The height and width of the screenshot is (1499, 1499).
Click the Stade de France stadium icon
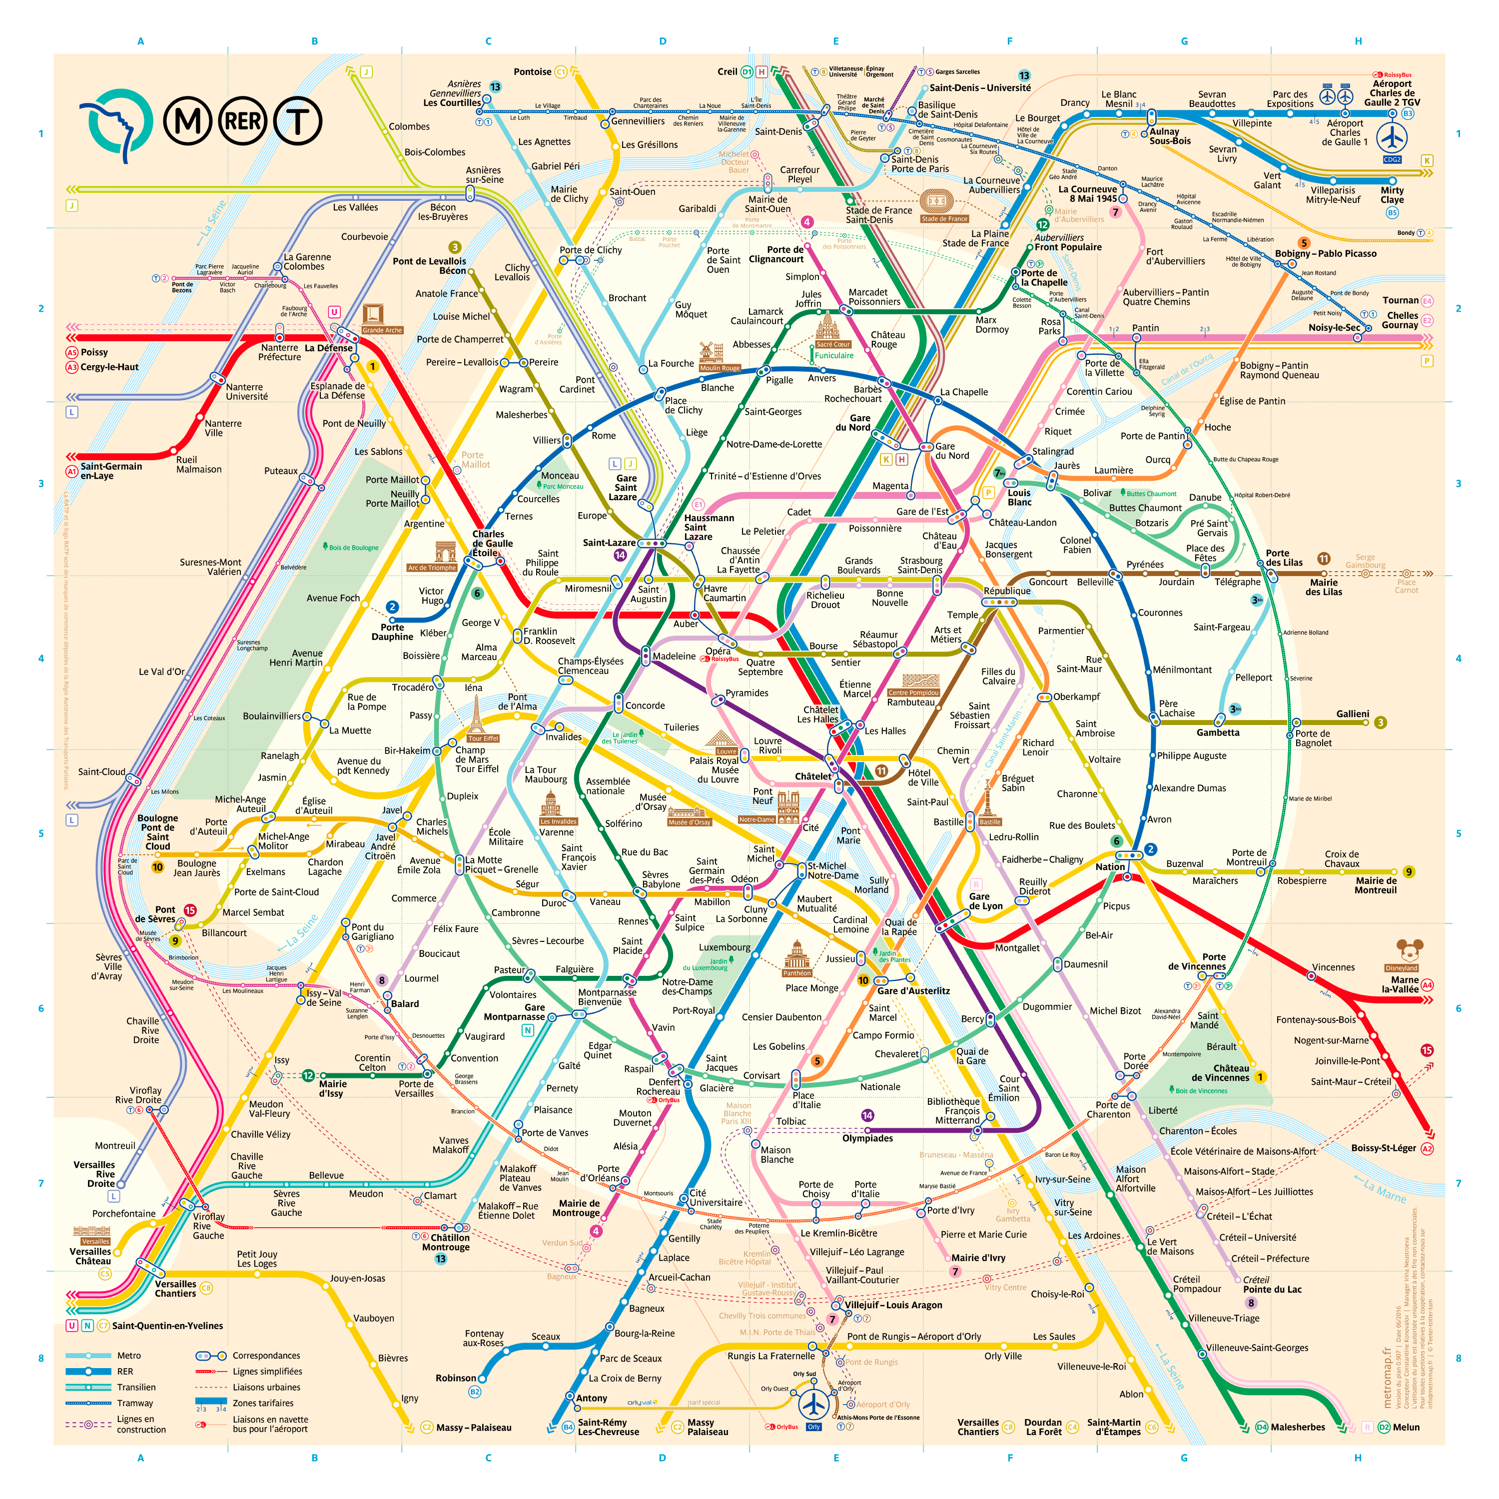point(936,202)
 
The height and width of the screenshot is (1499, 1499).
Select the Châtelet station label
point(812,776)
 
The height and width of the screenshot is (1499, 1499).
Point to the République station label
point(1007,591)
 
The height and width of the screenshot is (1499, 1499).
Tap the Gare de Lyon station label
point(985,901)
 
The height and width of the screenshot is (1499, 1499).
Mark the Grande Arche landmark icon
point(373,314)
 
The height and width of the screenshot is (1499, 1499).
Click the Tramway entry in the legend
point(135,1403)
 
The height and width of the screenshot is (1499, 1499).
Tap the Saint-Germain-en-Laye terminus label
point(111,471)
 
